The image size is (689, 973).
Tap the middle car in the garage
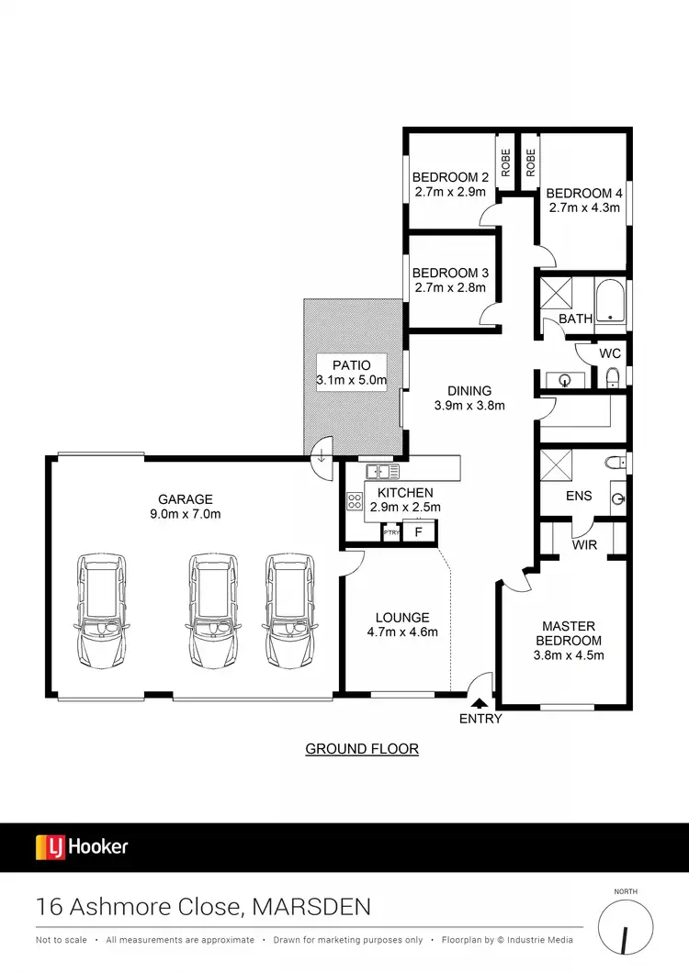coord(211,610)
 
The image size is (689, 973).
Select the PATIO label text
coord(352,365)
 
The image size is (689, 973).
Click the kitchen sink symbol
coord(382,472)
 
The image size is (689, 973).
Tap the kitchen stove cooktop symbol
coord(354,501)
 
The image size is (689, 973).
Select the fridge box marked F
coord(418,532)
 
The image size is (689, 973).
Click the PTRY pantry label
coord(391,533)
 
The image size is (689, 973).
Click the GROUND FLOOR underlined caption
coord(362,749)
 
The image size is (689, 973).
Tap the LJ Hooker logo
coord(82,846)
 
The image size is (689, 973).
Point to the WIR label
coord(585,545)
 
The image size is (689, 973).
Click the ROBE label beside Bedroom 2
coord(505,163)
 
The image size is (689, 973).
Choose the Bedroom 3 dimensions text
coord(451,288)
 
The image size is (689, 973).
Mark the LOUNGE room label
coord(402,617)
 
